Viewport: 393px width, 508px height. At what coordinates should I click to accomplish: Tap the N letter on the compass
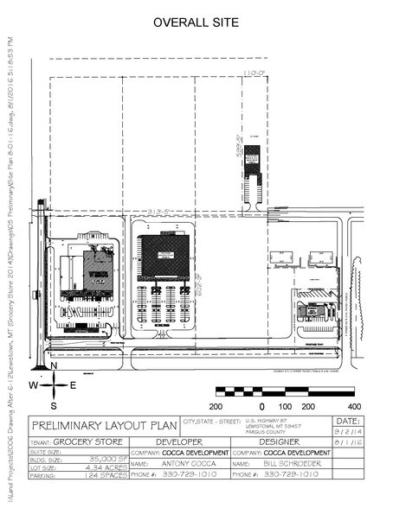coord(54,366)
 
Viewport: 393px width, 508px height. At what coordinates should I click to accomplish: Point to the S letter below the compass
coord(54,403)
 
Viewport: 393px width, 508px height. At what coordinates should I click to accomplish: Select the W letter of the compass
coord(33,384)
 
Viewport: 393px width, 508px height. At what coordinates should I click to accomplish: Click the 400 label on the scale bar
coord(352,405)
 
